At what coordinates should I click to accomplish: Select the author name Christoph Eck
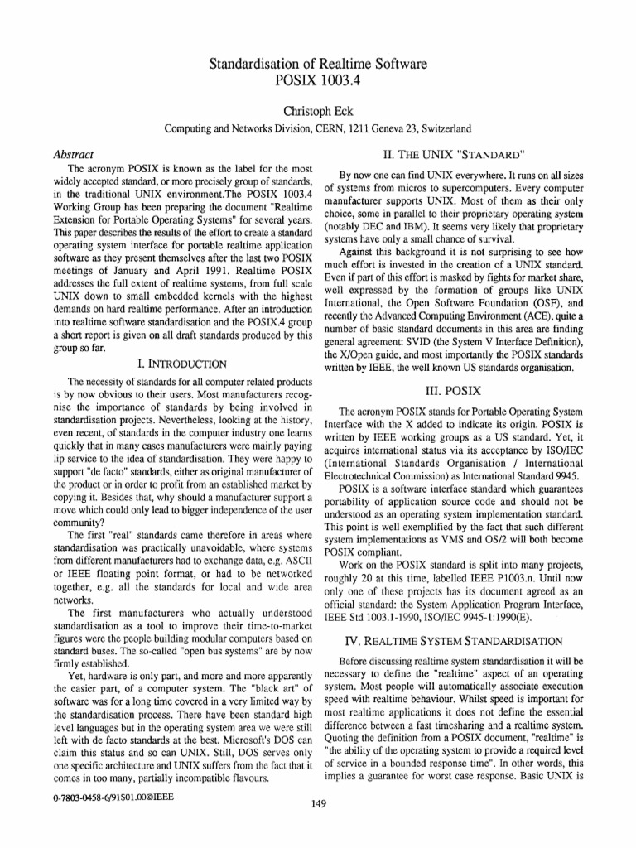318,110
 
